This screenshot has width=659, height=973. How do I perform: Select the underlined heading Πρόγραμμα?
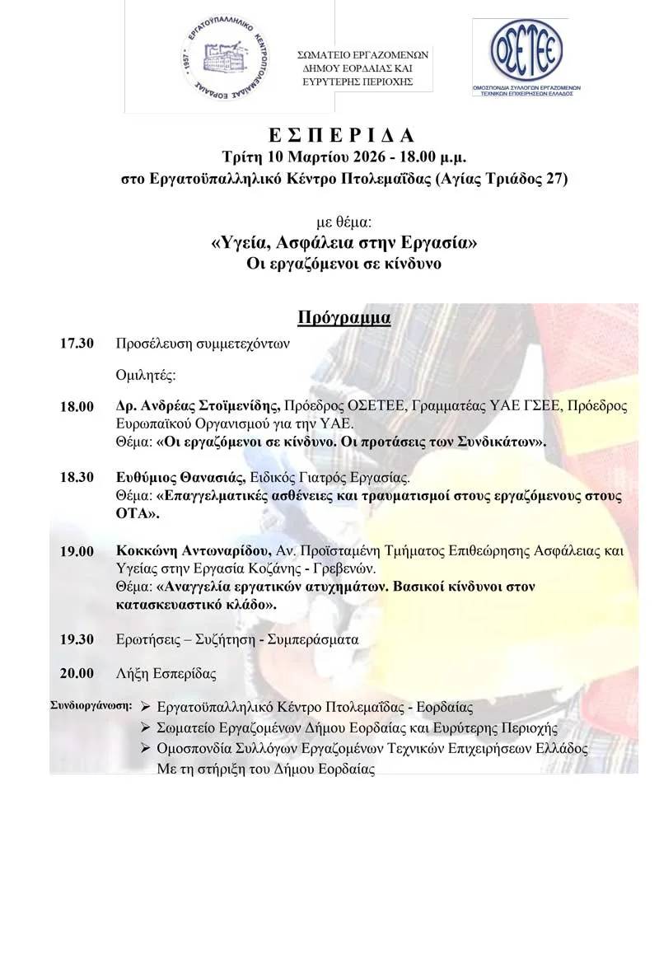344,316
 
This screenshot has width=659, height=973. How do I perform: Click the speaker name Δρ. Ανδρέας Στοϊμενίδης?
199,407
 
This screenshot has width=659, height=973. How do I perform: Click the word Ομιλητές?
147,376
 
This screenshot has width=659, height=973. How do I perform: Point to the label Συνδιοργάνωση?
91,705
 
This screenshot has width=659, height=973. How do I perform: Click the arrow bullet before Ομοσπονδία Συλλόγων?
145,749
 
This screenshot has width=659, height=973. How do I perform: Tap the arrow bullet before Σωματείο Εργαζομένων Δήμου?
145,727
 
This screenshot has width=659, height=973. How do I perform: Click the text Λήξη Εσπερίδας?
166,673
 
